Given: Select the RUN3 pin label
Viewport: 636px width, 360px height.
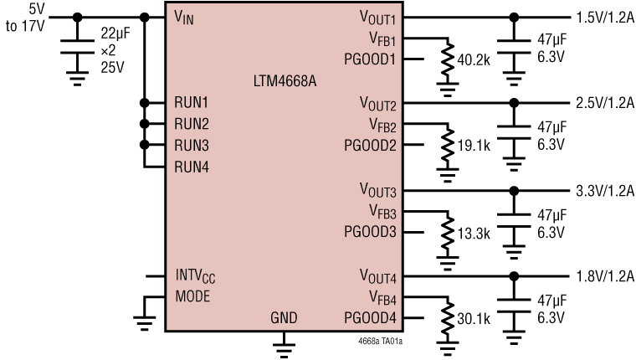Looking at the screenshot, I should click(x=191, y=145).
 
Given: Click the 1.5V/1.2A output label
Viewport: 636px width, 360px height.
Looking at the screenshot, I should click(x=603, y=17).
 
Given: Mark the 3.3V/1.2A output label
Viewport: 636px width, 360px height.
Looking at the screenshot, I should click(x=603, y=190).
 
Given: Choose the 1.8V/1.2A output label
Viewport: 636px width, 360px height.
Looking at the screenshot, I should click(x=603, y=275).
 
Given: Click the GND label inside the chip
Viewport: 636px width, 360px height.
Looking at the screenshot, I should click(x=284, y=317).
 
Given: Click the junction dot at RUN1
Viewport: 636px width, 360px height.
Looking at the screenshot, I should click(x=145, y=102).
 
